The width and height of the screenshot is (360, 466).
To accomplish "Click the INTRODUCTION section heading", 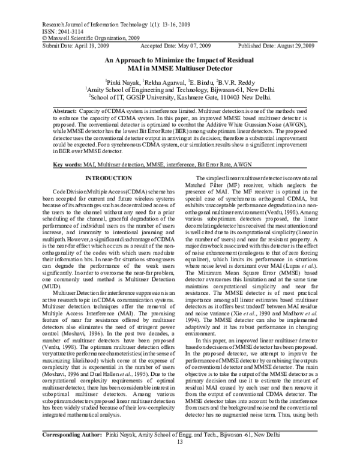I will coord(103,179).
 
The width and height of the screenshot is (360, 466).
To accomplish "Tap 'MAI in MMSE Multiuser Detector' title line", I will coord(179,68).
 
